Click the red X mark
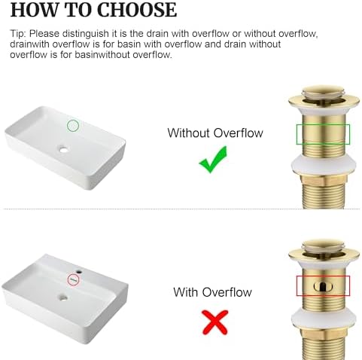215,322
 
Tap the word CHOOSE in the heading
137,10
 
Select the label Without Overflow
215,133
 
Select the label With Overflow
212,292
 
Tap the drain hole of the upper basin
64,150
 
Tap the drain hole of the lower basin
64,298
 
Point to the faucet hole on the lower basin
79,272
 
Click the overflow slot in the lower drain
323,286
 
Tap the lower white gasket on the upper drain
324,165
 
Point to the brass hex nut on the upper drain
324,180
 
